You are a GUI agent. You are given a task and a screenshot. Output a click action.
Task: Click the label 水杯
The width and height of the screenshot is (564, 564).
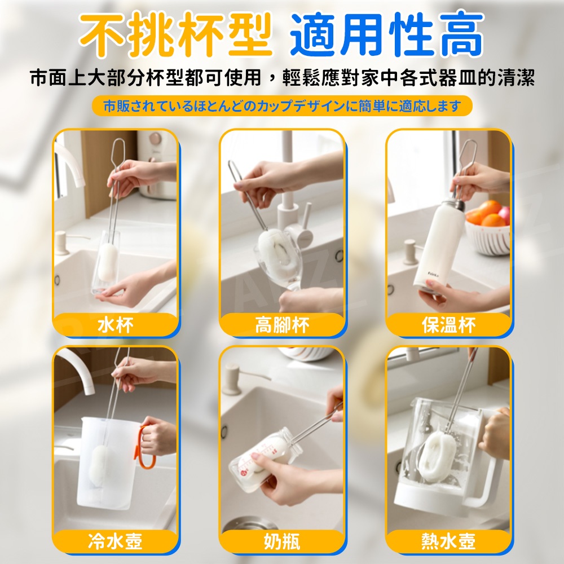point(115,325)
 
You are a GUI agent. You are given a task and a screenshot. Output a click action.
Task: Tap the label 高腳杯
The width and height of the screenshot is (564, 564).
point(282,325)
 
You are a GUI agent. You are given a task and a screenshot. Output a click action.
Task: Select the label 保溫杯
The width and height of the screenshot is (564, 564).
point(448,325)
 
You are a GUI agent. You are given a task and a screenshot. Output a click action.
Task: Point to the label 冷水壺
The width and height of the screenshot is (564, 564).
point(115,541)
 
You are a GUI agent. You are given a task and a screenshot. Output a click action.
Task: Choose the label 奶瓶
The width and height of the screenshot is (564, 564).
point(282,541)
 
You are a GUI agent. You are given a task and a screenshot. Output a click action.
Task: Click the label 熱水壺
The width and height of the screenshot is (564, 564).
point(448,541)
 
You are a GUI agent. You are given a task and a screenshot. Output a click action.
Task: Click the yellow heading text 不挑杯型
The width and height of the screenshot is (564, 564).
point(175,35)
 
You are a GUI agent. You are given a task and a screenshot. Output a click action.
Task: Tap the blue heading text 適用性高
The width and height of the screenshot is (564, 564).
point(387,35)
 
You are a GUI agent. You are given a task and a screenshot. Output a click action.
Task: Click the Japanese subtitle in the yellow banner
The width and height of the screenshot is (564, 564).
point(282,106)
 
